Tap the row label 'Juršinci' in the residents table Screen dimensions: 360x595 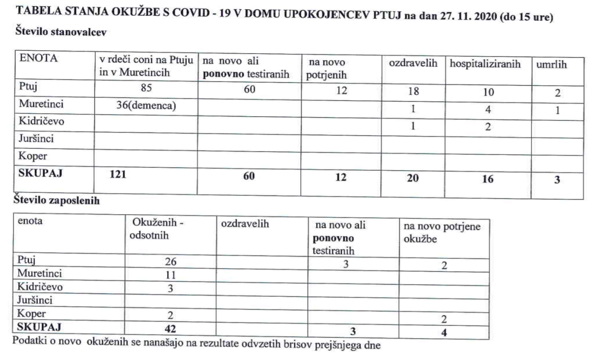click(x=33, y=138)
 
